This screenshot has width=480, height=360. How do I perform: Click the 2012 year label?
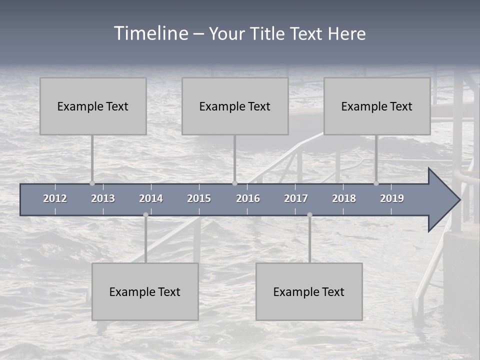point(55,198)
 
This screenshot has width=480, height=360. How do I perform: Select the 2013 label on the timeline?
point(103,198)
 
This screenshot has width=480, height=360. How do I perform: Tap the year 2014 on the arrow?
point(151,198)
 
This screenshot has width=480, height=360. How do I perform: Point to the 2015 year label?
point(199,198)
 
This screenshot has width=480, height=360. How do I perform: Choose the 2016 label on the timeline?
point(248,198)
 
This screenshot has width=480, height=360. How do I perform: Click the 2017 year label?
point(296,198)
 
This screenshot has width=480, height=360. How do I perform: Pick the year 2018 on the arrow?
point(344,198)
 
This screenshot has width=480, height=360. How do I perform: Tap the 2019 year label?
point(392,198)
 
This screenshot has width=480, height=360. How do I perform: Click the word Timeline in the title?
point(150,33)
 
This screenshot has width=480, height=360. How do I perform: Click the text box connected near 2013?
point(93,106)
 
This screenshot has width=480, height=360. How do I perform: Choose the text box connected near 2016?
point(235,106)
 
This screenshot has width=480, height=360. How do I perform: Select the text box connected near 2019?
point(377,106)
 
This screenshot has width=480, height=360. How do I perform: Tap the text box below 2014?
point(145,291)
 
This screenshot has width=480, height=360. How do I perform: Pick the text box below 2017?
point(309,291)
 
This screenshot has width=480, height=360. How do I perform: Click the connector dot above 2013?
point(92,183)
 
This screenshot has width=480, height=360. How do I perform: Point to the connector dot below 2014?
point(145,215)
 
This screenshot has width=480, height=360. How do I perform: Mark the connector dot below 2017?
point(309,215)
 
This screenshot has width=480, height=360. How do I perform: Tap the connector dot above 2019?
point(376,183)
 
